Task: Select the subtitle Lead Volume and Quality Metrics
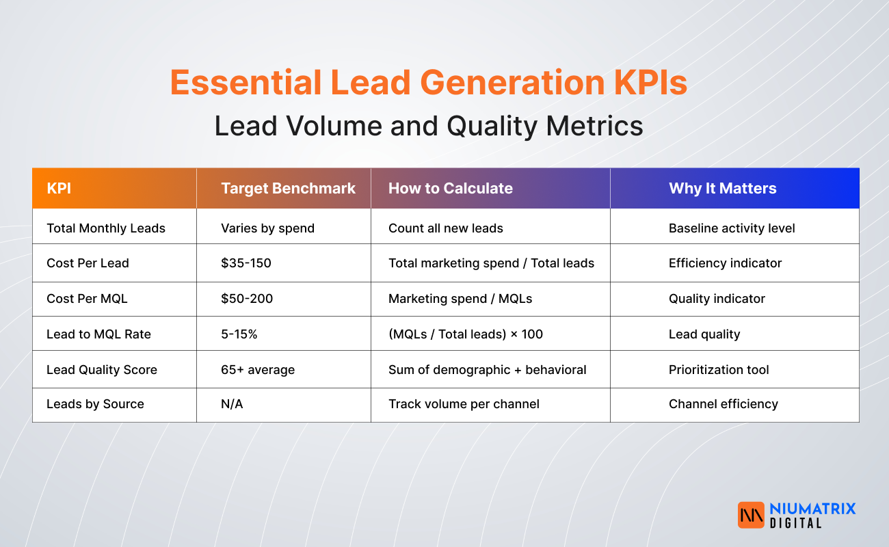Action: (429, 126)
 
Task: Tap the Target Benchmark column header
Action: (288, 189)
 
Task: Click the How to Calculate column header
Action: (450, 189)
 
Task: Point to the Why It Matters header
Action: (722, 189)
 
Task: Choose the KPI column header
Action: (59, 189)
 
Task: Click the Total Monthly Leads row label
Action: (106, 228)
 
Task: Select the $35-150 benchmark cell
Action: (246, 263)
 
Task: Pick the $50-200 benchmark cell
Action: (246, 299)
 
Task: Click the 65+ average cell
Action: (257, 370)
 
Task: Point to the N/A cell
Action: (232, 404)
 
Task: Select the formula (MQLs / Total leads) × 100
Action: (465, 334)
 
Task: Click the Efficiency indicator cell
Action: (725, 263)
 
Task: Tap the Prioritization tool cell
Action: (719, 370)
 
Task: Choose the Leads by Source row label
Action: (95, 404)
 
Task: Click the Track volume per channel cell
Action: (464, 404)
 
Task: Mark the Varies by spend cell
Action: (267, 228)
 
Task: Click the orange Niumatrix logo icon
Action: (751, 515)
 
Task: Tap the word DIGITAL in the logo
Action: (795, 523)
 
